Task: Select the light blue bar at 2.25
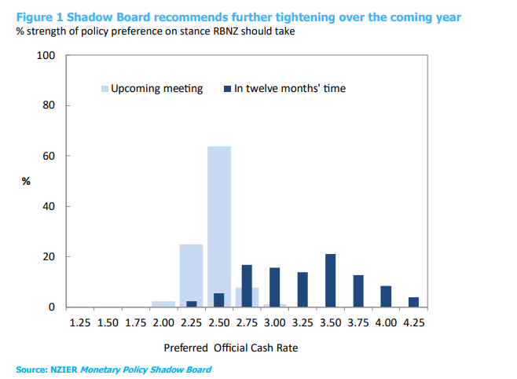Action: (191, 275)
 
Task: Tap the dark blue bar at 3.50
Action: (331, 281)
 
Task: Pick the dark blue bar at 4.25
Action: (413, 302)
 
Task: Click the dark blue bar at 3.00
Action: (275, 287)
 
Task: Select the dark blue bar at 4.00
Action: (386, 296)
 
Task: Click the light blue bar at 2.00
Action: (163, 304)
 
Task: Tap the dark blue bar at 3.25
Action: (302, 289)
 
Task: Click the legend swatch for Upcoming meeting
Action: (104, 89)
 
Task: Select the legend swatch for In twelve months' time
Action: (227, 89)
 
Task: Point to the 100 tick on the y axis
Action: (46, 56)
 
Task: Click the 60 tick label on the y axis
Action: (49, 156)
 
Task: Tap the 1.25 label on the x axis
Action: (80, 322)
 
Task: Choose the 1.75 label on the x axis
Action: (136, 322)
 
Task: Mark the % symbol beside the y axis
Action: (26, 181)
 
